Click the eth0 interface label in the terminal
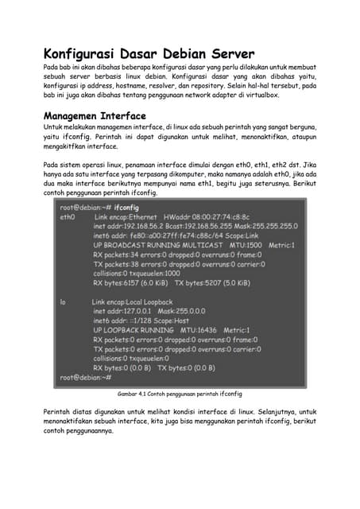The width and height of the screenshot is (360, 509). point(67,217)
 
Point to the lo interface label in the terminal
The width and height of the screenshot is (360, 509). point(63,302)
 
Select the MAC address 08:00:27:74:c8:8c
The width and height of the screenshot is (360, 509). point(209,217)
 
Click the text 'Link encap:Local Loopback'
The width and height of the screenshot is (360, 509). point(132,302)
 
